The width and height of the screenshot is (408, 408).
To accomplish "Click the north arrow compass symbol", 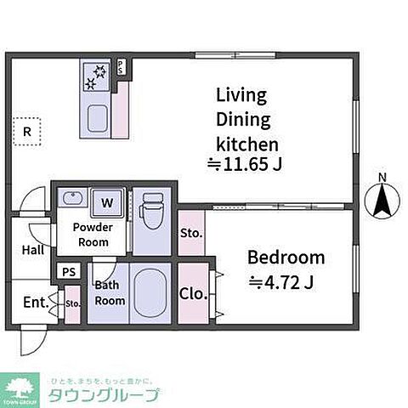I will click(x=382, y=201).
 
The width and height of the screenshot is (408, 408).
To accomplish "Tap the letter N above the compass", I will click(x=382, y=178).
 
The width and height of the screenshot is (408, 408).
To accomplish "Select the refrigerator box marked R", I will click(x=27, y=131).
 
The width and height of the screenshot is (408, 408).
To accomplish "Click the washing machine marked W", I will click(x=107, y=202).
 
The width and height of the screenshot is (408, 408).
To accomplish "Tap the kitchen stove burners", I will click(x=93, y=76).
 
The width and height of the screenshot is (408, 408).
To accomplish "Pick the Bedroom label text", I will click(x=286, y=258).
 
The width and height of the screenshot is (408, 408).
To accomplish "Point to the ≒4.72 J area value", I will click(x=281, y=282).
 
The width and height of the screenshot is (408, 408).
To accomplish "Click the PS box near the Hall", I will click(x=68, y=272).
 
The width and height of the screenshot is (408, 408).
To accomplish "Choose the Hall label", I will click(x=33, y=250).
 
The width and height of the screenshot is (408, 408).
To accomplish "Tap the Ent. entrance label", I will click(x=36, y=302).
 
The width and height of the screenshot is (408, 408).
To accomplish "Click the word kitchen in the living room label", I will click(x=246, y=142).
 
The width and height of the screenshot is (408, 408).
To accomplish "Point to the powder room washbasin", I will click(x=71, y=200).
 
